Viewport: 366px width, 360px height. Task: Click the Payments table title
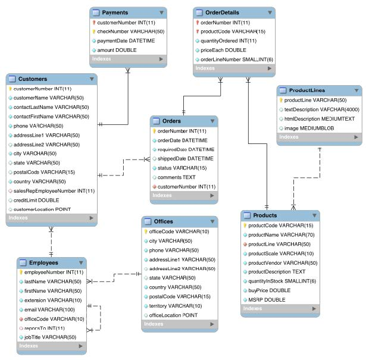click(x=115, y=12)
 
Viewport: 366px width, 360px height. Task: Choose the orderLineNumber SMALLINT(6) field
click(x=236, y=60)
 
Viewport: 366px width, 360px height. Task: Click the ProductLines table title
click(x=306, y=90)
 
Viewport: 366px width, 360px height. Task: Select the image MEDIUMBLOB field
click(x=309, y=128)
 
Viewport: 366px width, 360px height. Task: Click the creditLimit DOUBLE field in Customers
click(x=36, y=200)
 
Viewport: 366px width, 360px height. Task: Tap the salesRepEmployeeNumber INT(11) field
click(x=54, y=190)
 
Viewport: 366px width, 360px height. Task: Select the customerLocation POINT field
click(x=42, y=209)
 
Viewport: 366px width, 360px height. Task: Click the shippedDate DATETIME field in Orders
click(x=186, y=159)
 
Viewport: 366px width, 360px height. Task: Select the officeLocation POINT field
click(x=173, y=315)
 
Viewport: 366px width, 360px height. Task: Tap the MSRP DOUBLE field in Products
click(x=266, y=299)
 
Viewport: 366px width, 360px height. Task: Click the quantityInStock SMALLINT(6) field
click(x=281, y=281)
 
